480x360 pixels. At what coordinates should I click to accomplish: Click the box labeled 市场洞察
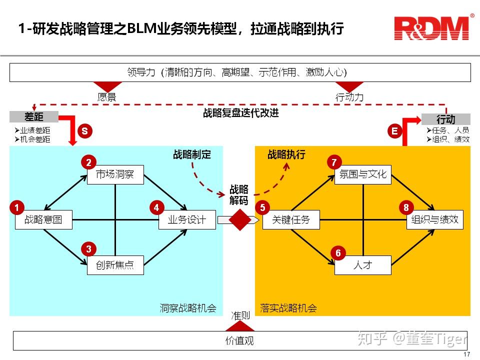click(115, 174)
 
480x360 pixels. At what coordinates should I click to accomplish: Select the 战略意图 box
click(43, 219)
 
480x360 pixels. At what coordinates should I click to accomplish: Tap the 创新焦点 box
click(115, 264)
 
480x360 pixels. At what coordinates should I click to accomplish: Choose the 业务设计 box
click(187, 219)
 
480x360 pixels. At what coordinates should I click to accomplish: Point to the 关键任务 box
click(291, 219)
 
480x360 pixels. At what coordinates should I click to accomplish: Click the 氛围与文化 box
click(362, 174)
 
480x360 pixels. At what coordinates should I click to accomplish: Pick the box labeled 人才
click(362, 265)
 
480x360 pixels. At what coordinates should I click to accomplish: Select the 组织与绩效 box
click(434, 219)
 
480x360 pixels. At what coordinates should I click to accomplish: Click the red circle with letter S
click(84, 131)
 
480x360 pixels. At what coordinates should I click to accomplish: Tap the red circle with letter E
click(395, 131)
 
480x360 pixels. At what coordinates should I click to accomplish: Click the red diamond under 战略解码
click(239, 219)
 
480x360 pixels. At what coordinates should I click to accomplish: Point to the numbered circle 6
click(338, 253)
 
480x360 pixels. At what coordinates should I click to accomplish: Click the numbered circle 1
click(17, 207)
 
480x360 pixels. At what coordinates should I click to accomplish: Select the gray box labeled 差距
click(34, 117)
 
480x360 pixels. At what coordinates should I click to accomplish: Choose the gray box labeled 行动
click(445, 119)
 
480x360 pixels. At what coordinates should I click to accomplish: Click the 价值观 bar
click(240, 341)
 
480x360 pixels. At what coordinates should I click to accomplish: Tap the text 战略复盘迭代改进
click(240, 113)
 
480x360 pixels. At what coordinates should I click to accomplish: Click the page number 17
click(466, 354)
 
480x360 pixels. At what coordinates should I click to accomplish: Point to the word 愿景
click(106, 97)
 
